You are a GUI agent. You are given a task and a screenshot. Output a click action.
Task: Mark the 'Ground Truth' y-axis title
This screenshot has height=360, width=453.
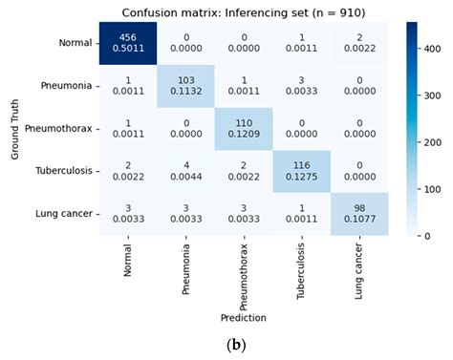[x=15, y=129]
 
